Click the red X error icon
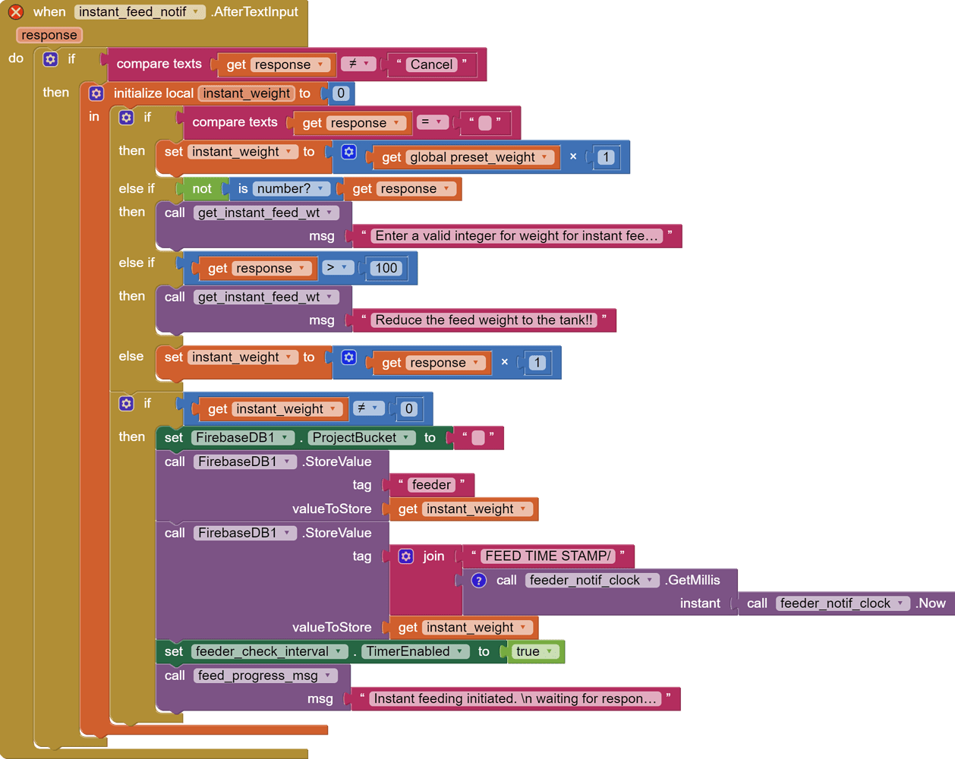(15, 12)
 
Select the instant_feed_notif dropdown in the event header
(140, 12)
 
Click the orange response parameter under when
(49, 35)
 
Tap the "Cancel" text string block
(431, 65)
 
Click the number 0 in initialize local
(341, 93)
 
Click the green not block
(202, 189)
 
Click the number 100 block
(386, 268)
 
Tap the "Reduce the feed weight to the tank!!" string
(484, 320)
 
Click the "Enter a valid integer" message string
(516, 236)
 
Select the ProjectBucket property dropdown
(361, 438)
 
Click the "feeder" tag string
(431, 485)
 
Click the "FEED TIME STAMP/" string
(547, 556)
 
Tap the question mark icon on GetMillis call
(479, 581)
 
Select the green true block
(534, 652)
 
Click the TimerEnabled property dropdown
(414, 652)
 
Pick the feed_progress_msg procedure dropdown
(263, 676)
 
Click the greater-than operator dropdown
(337, 268)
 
